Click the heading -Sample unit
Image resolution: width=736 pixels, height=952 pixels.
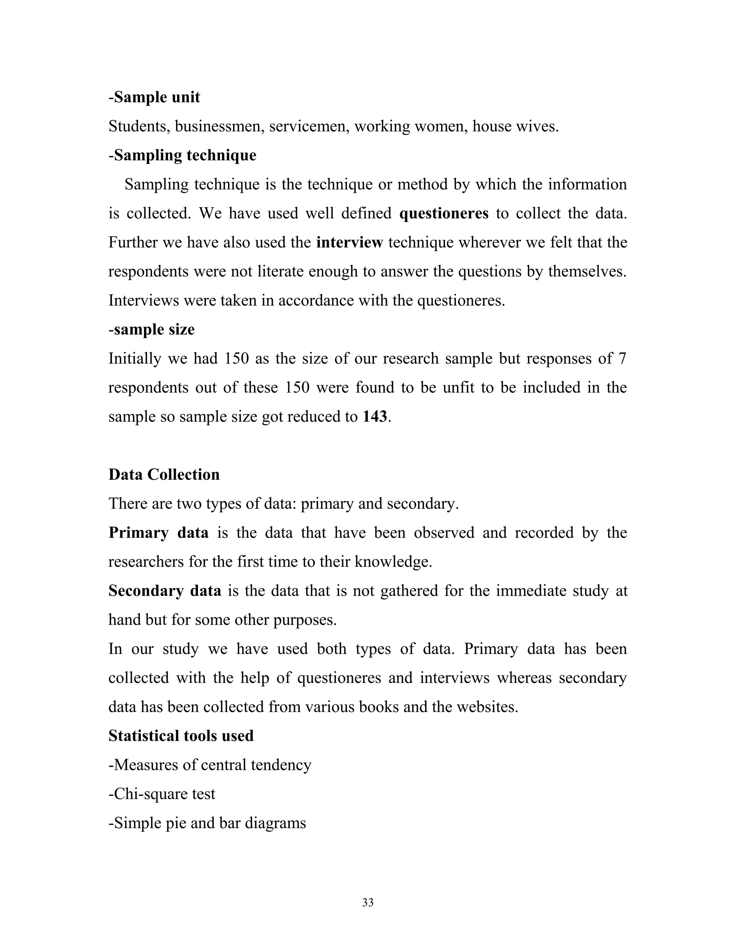pos(154,97)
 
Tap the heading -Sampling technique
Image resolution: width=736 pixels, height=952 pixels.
pos(182,155)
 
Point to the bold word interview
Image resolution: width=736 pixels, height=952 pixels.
pos(349,242)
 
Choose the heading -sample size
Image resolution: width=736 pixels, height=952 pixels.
pos(151,329)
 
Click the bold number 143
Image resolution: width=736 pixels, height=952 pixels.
pos(374,417)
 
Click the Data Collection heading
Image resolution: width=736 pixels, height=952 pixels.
pos(164,475)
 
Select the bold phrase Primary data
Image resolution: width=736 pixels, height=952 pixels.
pos(158,533)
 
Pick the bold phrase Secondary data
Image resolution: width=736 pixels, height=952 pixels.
pos(165,591)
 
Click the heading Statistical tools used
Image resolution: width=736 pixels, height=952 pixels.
pos(181,736)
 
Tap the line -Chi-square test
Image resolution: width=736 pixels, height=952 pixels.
pos(162,794)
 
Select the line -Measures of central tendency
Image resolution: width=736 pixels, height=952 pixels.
pos(210,765)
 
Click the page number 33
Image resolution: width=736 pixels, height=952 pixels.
pos(368,903)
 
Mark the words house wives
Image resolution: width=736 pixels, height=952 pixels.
pos(515,126)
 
